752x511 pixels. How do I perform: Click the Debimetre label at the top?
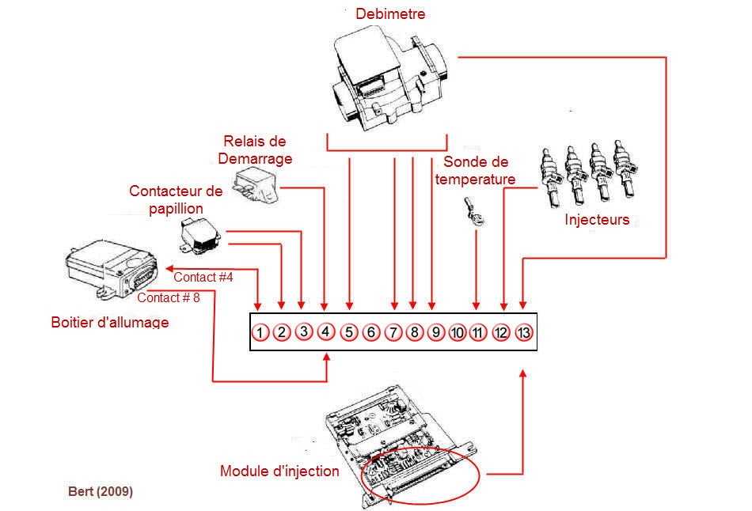(390, 14)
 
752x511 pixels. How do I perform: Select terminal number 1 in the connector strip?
(260, 332)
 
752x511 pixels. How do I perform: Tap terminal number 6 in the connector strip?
(370, 332)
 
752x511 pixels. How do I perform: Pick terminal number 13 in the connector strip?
(524, 332)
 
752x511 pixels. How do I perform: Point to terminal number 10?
(457, 332)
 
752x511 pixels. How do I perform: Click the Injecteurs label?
(597, 220)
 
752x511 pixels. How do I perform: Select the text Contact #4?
(203, 277)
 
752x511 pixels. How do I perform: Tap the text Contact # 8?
(169, 297)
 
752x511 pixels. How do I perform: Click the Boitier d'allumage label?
(110, 322)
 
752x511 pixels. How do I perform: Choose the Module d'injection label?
(279, 471)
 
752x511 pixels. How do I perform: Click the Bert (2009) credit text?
(101, 491)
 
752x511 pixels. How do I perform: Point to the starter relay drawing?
(256, 186)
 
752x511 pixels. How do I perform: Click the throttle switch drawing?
(200, 236)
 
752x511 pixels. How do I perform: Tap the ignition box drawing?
(112, 269)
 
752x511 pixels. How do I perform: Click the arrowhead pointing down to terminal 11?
(476, 306)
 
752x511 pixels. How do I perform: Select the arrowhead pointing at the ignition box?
(169, 268)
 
